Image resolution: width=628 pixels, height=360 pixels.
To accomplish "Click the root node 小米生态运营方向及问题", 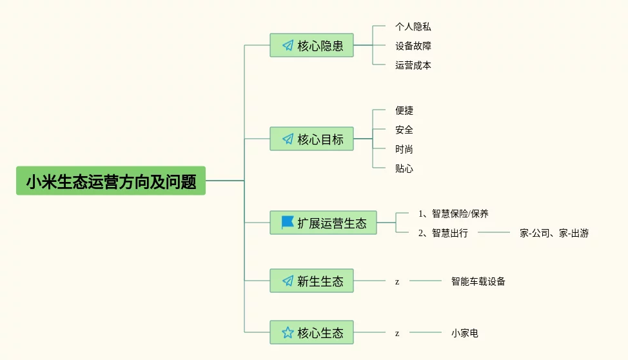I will coord(111,181).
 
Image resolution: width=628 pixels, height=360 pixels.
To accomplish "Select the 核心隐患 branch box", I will coord(311,46).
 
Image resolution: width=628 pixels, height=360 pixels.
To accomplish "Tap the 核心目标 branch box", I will coord(311,139).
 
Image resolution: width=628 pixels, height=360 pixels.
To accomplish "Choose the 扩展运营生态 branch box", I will coord(323,223).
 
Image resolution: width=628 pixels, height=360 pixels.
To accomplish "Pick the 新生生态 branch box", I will coord(311,281).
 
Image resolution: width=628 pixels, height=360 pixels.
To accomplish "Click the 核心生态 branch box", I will coord(311,333).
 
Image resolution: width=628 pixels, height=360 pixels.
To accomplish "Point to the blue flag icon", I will coord(288,223).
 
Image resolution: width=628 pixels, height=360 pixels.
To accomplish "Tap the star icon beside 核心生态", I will coord(288,333).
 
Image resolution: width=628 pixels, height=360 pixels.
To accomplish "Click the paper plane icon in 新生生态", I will coord(288,281).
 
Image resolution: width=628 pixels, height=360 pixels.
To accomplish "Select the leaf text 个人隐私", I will coord(413,26).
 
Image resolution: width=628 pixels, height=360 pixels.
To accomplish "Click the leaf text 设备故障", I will coord(413,46).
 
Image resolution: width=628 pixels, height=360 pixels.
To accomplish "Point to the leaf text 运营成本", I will coord(413,65).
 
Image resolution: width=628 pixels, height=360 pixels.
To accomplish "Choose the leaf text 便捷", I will coord(404,110).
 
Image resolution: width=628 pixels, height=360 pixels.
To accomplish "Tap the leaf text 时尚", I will coord(404,149).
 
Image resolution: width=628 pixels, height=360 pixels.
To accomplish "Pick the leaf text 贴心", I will coord(404,168).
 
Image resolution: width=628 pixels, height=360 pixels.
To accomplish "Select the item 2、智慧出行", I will coord(443,233).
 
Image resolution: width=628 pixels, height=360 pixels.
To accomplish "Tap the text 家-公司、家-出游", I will coord(554,233).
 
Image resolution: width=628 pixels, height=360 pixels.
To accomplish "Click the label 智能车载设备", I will coord(478,281).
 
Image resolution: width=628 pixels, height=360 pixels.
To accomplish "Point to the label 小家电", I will coord(464,333).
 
